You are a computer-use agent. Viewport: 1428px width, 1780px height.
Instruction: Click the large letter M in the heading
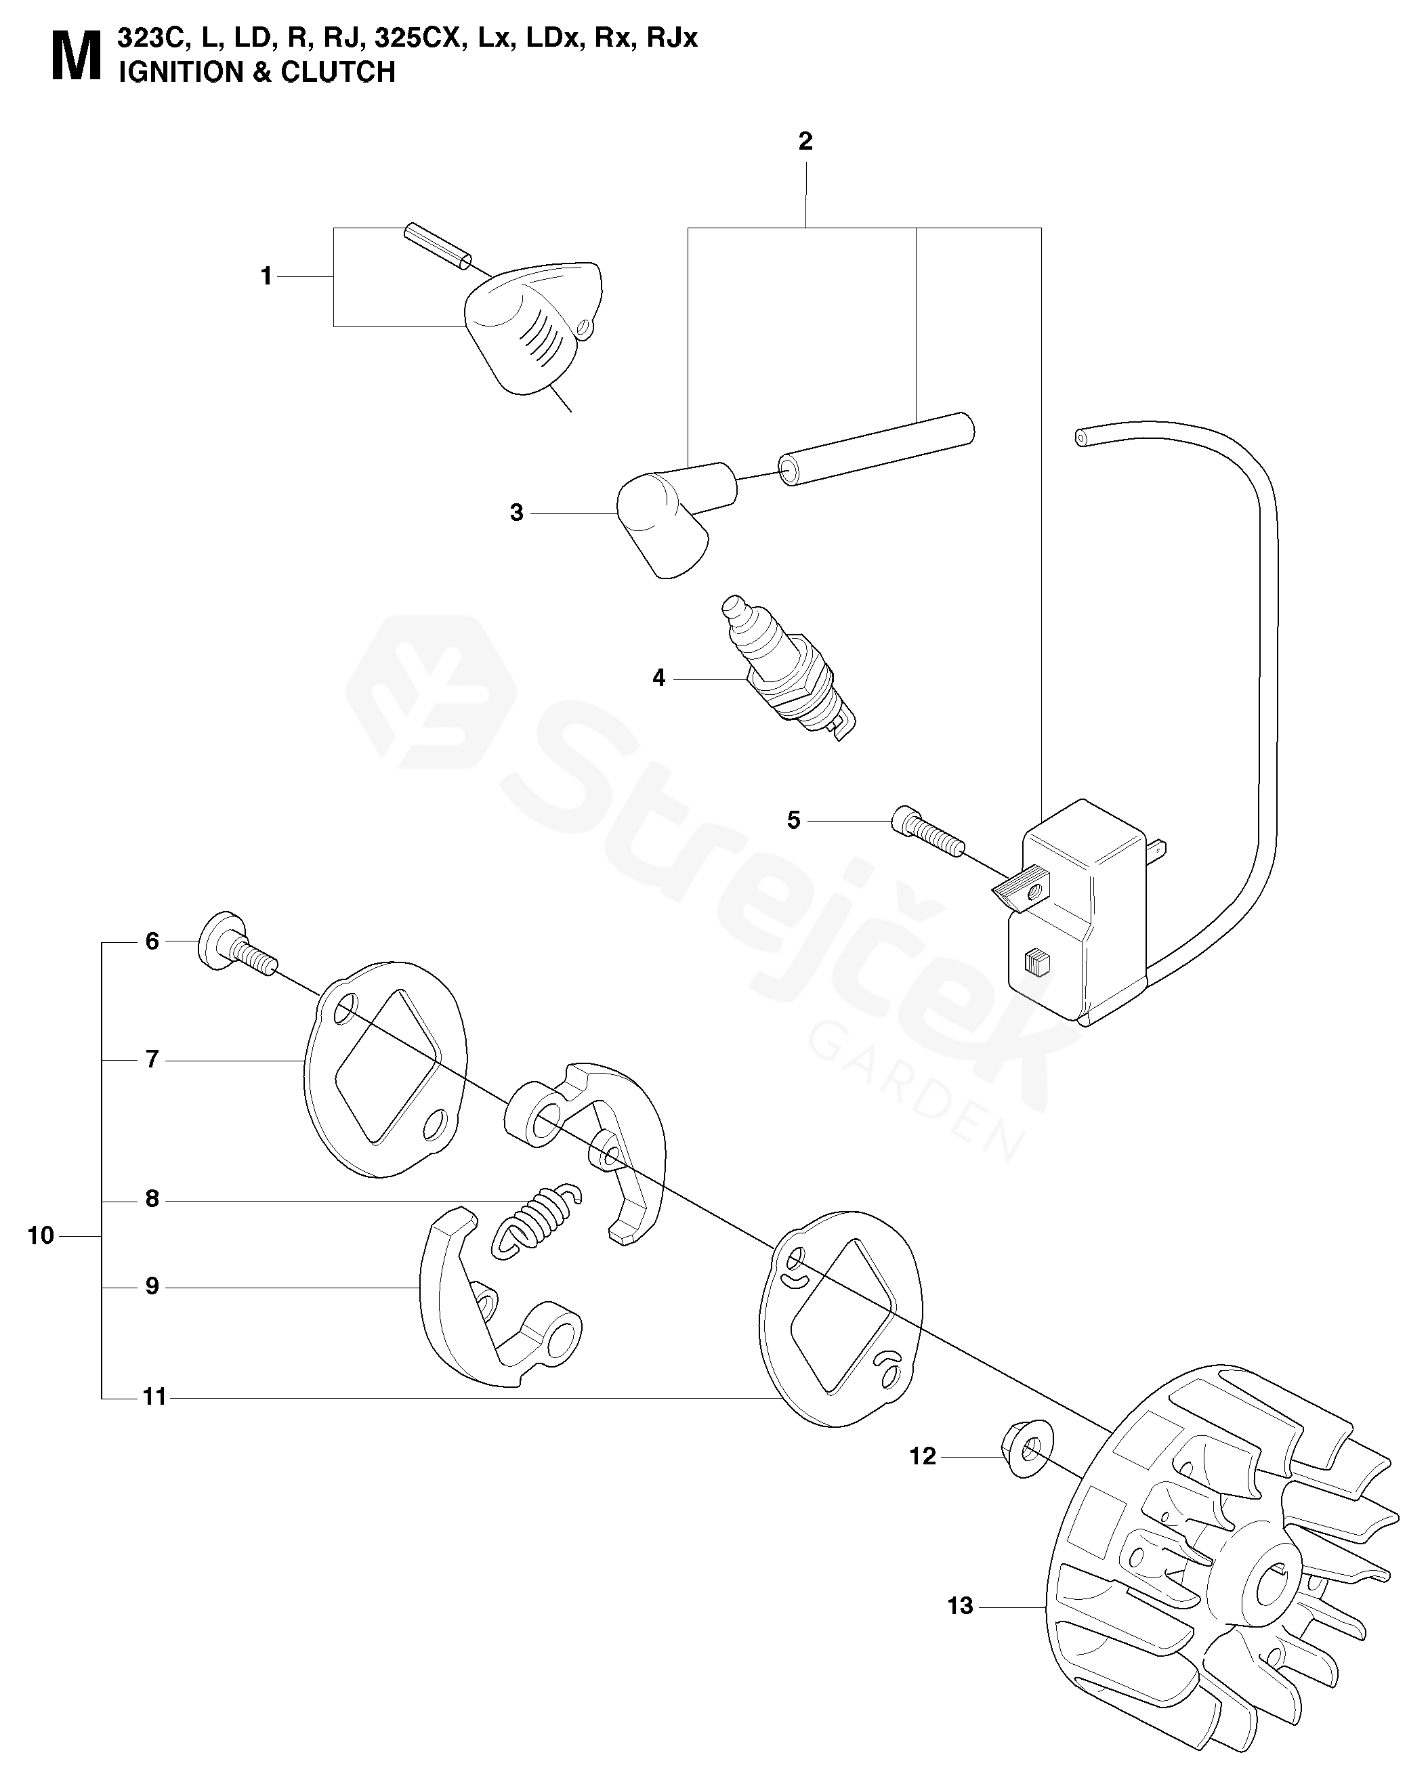click(x=76, y=58)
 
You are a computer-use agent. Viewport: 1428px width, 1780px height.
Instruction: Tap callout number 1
click(x=266, y=276)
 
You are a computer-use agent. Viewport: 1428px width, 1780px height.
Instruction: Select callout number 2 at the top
click(x=805, y=142)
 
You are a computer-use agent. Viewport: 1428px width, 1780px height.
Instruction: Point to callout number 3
click(x=516, y=513)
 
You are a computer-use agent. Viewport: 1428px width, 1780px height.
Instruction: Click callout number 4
click(x=658, y=679)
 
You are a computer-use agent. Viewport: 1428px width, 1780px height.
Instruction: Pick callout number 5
click(x=793, y=821)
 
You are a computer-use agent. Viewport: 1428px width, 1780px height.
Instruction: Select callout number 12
click(x=923, y=1456)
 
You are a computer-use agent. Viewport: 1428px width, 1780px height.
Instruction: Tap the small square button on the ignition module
click(x=1036, y=963)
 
